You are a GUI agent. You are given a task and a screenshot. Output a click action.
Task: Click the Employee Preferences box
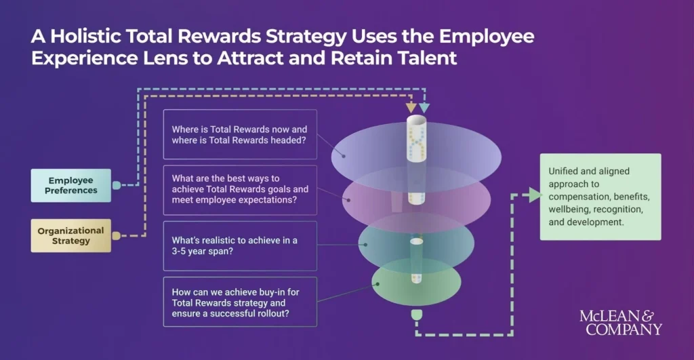[71, 185]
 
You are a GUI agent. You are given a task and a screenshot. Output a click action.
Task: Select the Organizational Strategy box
[71, 235]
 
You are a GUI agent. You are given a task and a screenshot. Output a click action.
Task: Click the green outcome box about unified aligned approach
[600, 197]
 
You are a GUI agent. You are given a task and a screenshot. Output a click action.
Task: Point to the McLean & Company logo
[619, 323]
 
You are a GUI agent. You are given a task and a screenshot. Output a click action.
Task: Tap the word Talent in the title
[424, 58]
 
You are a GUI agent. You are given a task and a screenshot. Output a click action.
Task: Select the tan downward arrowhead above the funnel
[411, 107]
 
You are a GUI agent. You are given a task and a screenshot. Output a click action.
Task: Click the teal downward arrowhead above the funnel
[424, 107]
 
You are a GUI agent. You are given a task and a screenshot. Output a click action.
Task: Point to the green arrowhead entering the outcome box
[535, 195]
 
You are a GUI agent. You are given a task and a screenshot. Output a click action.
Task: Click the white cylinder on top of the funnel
[415, 138]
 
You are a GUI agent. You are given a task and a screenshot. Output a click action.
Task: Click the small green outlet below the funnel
[416, 315]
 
